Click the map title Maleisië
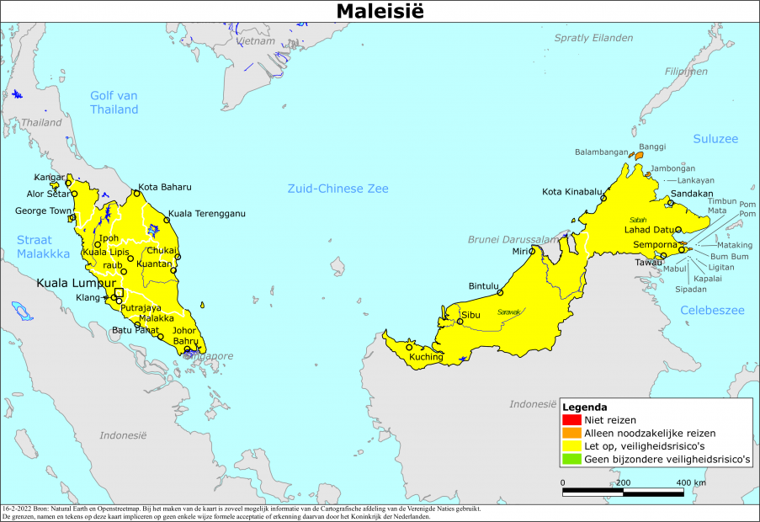coord(379,11)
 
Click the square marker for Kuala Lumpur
coord(119,293)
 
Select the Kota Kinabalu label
coord(572,191)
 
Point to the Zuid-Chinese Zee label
coord(337,189)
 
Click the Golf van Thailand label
coord(114,102)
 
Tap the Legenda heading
coord(585,407)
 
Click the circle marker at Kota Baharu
coord(137,194)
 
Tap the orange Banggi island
coord(639,155)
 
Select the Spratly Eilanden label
coord(593,38)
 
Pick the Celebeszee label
coord(712,311)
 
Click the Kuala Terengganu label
coord(207,213)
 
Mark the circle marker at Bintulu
coord(500,293)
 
